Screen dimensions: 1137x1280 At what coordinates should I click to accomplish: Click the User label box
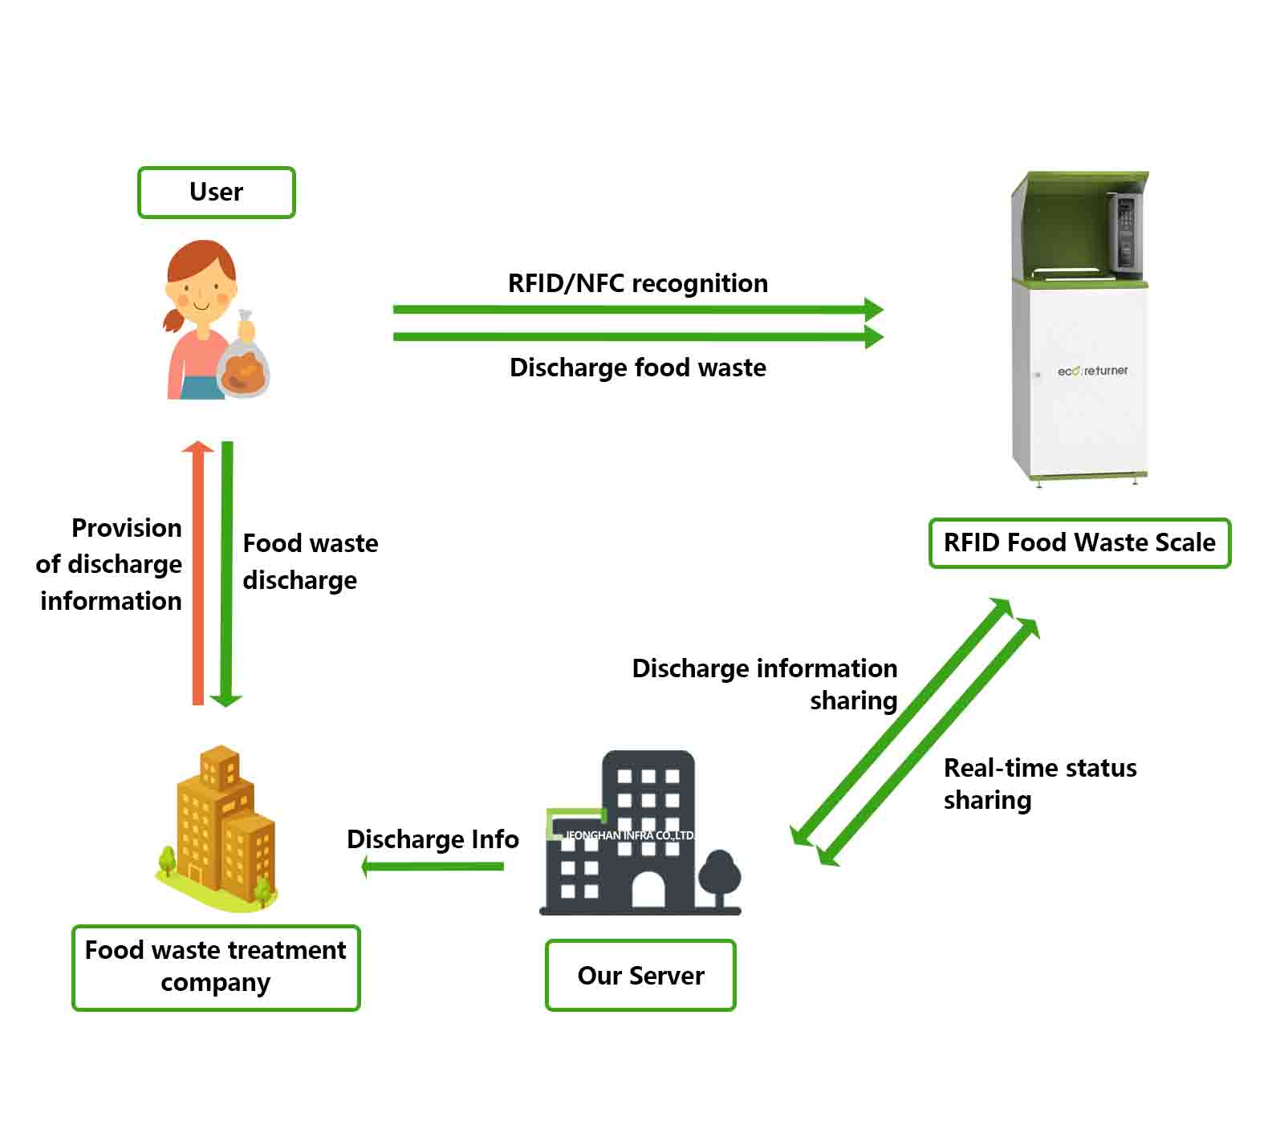click(x=217, y=193)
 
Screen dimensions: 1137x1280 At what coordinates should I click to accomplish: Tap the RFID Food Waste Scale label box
click(x=1079, y=543)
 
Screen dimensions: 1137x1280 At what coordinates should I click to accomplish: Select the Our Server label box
click(x=640, y=976)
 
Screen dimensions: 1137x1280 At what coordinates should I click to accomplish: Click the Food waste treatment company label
click(x=216, y=967)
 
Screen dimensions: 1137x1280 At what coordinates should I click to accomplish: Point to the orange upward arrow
click(x=197, y=574)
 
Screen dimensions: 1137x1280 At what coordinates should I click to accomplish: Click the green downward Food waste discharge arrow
click(x=227, y=574)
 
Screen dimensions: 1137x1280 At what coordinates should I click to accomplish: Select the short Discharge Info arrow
click(x=433, y=867)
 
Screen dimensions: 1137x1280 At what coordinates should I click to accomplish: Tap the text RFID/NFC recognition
click(x=638, y=283)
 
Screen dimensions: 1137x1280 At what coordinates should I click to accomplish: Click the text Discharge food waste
click(x=638, y=367)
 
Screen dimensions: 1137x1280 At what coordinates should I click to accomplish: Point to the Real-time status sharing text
click(x=1039, y=784)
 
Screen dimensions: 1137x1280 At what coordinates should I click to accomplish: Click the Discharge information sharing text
click(x=765, y=684)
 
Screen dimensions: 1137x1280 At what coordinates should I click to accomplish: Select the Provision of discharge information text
click(x=111, y=564)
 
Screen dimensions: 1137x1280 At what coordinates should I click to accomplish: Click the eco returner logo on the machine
click(x=1092, y=371)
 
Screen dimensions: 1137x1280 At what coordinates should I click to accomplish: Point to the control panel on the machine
click(x=1125, y=233)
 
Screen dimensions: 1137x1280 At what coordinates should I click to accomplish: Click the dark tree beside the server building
click(x=719, y=876)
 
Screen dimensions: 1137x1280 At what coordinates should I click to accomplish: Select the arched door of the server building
click(x=648, y=891)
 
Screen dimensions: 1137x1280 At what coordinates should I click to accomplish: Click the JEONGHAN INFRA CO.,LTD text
click(x=629, y=835)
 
